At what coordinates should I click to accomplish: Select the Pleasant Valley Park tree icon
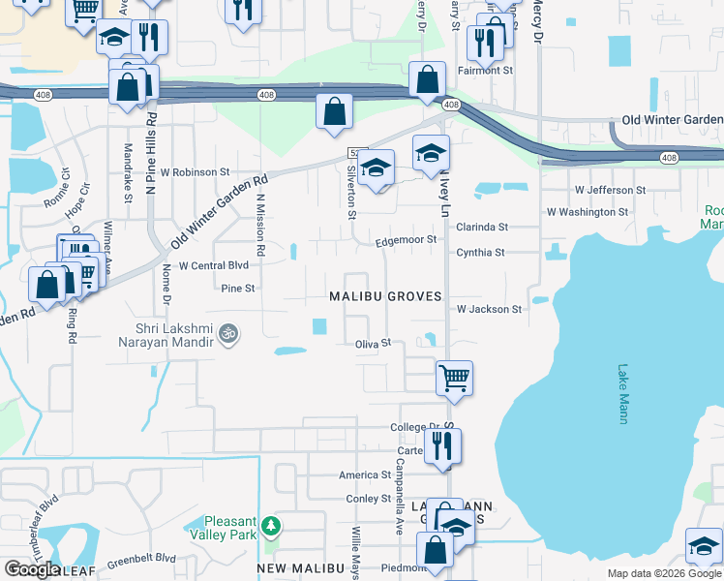pyautogui.click(x=273, y=525)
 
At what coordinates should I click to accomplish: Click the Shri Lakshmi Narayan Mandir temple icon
pyautogui.click(x=227, y=332)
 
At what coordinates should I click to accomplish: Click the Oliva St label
pyautogui.click(x=373, y=343)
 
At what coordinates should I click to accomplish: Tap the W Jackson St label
pyautogui.click(x=490, y=309)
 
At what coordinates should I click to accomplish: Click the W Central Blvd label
pyautogui.click(x=214, y=264)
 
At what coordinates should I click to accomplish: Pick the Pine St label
pyautogui.click(x=238, y=288)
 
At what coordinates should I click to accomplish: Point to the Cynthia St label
pyautogui.click(x=481, y=253)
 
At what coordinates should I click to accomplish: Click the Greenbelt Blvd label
pyautogui.click(x=141, y=558)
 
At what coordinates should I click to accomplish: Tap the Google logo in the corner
pyautogui.click(x=31, y=568)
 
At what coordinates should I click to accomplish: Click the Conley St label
pyautogui.click(x=368, y=499)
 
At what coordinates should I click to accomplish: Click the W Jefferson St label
pyautogui.click(x=610, y=190)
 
